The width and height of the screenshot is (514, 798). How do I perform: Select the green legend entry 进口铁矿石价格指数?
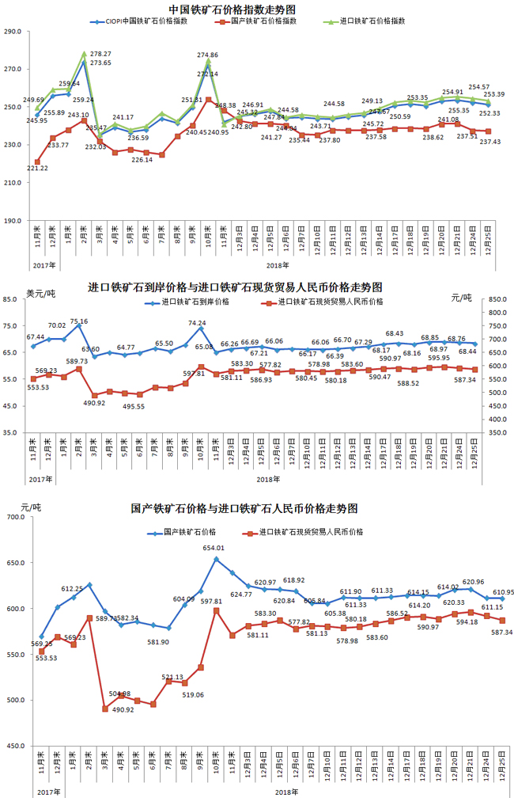(x=367, y=21)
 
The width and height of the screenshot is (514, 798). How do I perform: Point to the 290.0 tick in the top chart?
(x=13, y=32)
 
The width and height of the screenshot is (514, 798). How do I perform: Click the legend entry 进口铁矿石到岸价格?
(x=195, y=302)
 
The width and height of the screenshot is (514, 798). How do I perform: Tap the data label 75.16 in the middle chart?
(x=79, y=321)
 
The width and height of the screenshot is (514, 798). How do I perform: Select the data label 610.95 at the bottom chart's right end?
(x=504, y=592)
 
